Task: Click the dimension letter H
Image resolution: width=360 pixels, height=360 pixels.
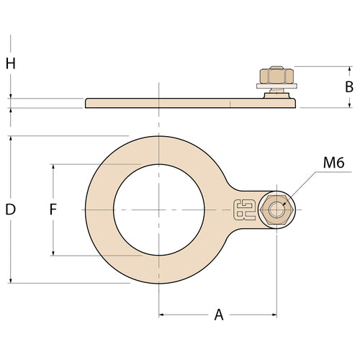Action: point(11,63)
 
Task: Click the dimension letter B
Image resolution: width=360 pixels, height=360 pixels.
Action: point(348,86)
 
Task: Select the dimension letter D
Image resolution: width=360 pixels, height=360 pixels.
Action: point(11,210)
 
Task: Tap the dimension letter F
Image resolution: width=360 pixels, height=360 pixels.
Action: point(53,210)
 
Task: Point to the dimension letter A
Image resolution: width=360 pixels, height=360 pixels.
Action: point(219,315)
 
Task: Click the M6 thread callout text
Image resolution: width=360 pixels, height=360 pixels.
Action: point(333,163)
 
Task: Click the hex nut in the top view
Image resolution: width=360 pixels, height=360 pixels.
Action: point(276,210)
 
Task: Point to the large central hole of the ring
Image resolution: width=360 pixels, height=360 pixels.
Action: point(158,210)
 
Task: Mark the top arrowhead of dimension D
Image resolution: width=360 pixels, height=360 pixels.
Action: point(11,138)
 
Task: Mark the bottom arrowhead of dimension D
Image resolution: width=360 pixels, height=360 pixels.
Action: point(11,280)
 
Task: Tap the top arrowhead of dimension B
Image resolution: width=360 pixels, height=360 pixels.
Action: point(348,68)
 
